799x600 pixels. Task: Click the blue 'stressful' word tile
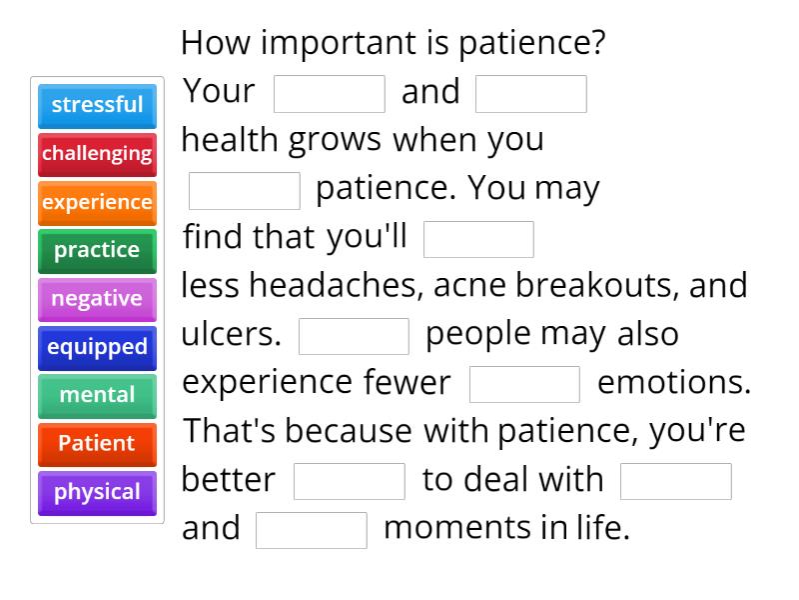coord(97,105)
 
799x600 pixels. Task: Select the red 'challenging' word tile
coord(97,154)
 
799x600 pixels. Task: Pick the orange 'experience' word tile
coord(97,202)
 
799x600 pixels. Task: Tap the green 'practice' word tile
coord(97,250)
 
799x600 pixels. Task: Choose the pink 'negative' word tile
coord(97,299)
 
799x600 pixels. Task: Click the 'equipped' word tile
coord(97,347)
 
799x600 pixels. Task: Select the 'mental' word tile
coord(97,395)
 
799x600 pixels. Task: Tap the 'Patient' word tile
coord(97,443)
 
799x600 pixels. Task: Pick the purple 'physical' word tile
coord(97,492)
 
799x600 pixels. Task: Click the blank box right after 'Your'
coord(329,94)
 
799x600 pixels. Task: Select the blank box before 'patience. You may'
coord(245,191)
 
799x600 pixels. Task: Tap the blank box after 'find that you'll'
coord(478,240)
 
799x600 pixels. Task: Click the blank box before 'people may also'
coord(354,336)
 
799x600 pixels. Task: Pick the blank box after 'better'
coord(350,481)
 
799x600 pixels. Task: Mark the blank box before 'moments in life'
coord(312,530)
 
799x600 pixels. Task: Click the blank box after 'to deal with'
coord(676,481)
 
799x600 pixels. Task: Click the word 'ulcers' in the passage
coord(231,334)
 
